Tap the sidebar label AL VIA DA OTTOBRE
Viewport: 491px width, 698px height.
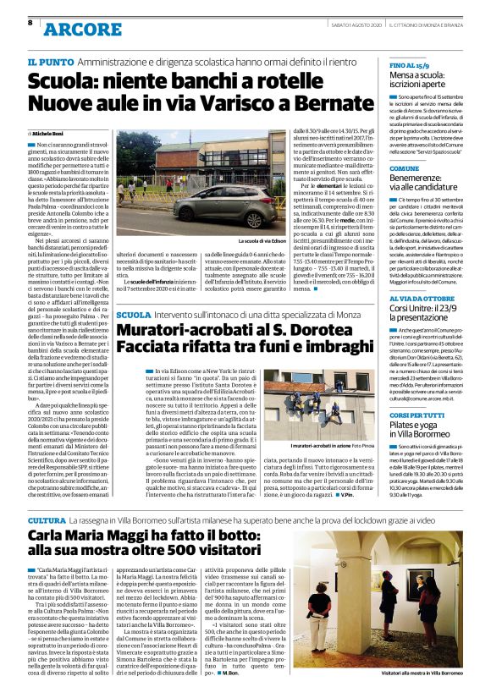(422, 300)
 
